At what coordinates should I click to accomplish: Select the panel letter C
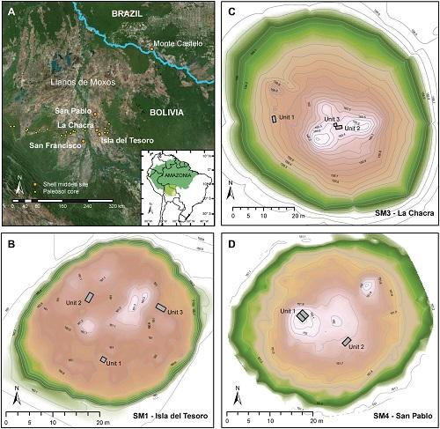click(231, 11)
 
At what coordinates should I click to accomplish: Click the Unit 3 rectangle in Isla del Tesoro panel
click(161, 307)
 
